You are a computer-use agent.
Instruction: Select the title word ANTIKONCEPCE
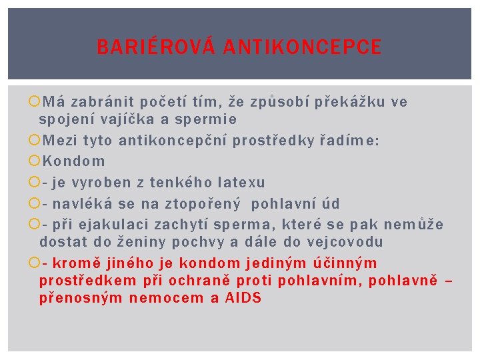tap(303, 47)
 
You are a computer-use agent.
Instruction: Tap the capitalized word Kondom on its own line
tap(73, 161)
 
